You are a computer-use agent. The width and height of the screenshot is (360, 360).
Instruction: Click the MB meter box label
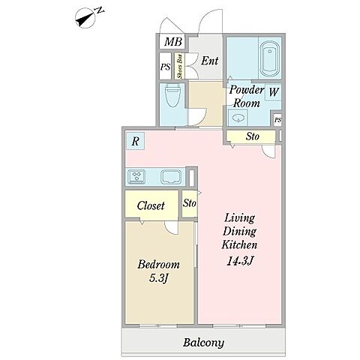pyautogui.click(x=172, y=41)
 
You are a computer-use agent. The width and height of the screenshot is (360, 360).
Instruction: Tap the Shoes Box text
pyautogui.click(x=179, y=66)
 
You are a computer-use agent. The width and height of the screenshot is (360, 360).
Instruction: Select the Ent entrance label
pyautogui.click(x=210, y=61)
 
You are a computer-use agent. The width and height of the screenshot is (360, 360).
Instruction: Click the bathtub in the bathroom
pyautogui.click(x=269, y=58)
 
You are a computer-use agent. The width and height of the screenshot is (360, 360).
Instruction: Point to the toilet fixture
pyautogui.click(x=172, y=95)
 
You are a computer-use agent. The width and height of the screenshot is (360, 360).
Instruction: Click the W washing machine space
pyautogui.click(x=274, y=91)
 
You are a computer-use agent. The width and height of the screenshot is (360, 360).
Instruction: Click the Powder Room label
pyautogui.click(x=246, y=96)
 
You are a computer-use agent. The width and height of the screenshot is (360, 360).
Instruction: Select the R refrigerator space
pyautogui.click(x=135, y=141)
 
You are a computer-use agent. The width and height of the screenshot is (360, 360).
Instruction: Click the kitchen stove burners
pyautogui.click(x=136, y=176)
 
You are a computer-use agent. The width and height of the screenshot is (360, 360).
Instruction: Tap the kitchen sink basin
pyautogui.click(x=171, y=176)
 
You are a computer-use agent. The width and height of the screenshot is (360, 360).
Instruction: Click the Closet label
pyautogui.click(x=151, y=205)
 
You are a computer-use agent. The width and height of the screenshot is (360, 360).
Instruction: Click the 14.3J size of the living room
pyautogui.click(x=240, y=261)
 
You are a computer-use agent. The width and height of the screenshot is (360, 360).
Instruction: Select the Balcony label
pyautogui.click(x=203, y=343)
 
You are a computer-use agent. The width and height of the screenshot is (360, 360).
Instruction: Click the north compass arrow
pyautogui.click(x=85, y=19)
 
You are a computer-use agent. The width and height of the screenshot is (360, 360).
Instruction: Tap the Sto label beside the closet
pyautogui.click(x=189, y=203)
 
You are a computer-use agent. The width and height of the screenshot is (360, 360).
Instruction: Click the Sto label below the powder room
pyautogui.click(x=253, y=136)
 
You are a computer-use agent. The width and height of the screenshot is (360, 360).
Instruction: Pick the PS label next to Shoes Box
pyautogui.click(x=165, y=67)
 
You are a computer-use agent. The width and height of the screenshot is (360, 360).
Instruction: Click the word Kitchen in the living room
pyautogui.click(x=239, y=244)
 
